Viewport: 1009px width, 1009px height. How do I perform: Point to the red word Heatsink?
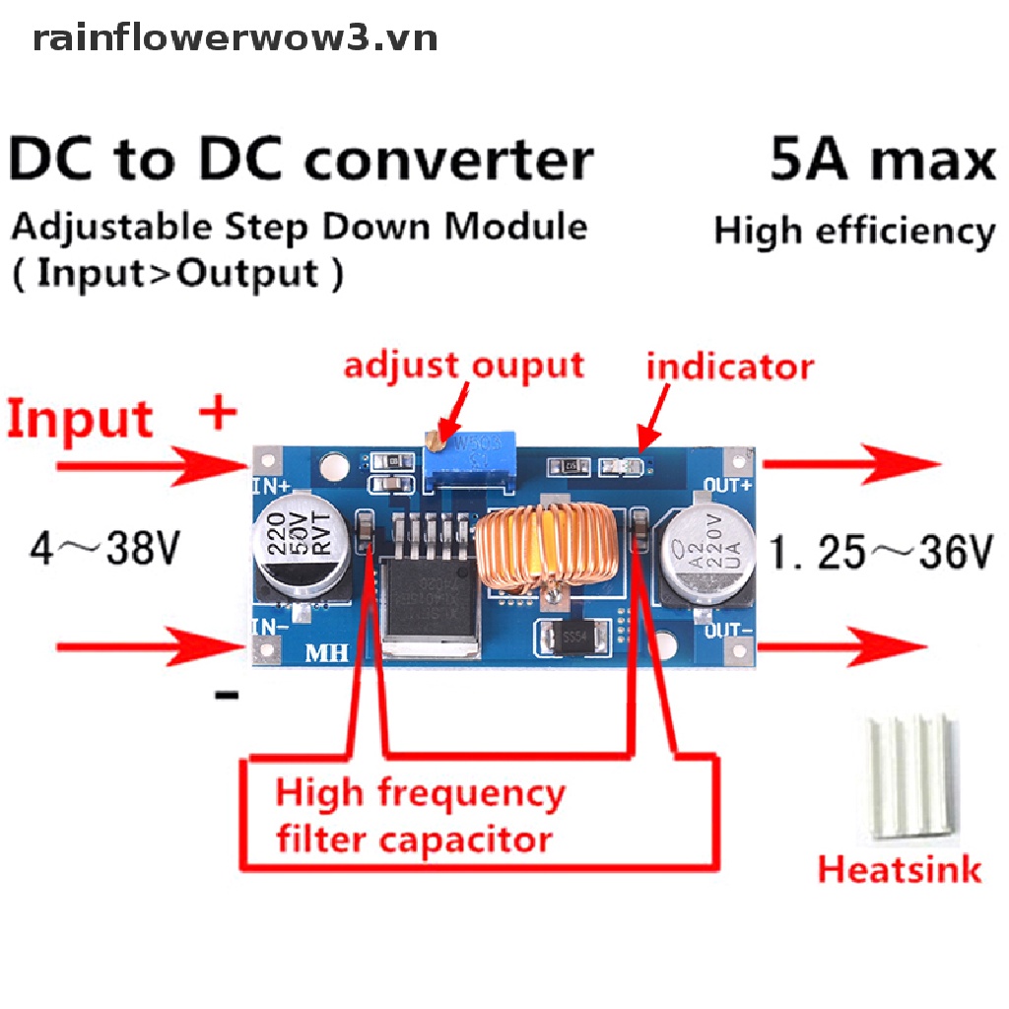900,870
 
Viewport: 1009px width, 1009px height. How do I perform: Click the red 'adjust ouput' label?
464,366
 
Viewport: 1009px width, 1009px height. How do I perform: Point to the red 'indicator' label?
729,367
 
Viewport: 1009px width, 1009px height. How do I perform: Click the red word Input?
81,419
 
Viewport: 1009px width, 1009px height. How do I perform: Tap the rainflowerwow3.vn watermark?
235,38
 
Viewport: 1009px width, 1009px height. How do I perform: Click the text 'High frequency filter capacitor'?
420,816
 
